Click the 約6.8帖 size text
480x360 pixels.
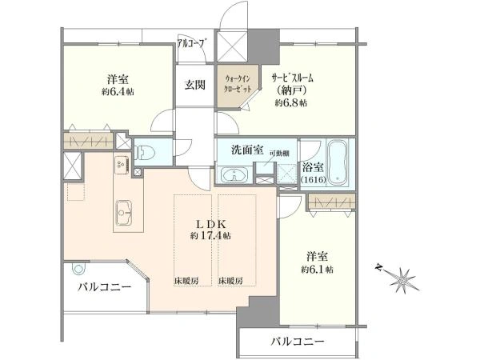coord(291,103)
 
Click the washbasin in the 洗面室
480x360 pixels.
coord(232,175)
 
